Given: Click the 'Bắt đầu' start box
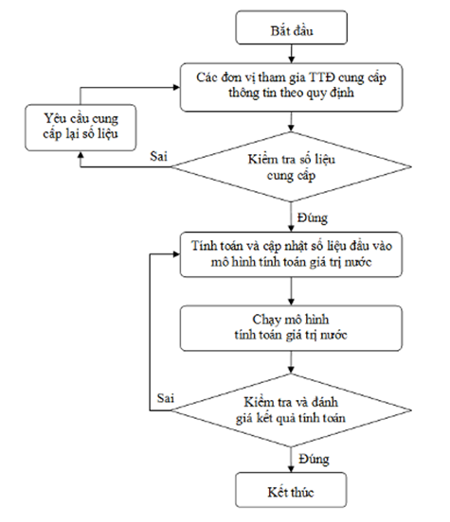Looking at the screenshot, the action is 291,27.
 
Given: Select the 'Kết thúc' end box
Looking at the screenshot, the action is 291,490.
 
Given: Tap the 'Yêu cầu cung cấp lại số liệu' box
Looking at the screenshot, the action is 81,128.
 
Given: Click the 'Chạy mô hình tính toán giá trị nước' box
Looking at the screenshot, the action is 291,328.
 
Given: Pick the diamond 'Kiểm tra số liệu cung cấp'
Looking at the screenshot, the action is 291,166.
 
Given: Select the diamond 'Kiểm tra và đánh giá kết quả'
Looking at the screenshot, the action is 291,410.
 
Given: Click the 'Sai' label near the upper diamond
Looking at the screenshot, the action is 158,156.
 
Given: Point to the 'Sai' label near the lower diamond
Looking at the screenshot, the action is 166,398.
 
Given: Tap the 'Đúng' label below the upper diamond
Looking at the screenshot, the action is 313,218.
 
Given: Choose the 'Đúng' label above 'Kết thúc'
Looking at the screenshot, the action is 314,460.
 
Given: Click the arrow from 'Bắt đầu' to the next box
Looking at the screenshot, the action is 291,54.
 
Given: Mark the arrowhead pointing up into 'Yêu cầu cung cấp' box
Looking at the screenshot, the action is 81,154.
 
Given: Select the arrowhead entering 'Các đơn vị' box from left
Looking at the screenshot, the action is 176,88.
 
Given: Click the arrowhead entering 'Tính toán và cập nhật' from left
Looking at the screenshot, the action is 176,254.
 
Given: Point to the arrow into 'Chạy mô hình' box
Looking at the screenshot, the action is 291,291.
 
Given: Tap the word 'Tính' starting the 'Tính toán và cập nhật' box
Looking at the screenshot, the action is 201,246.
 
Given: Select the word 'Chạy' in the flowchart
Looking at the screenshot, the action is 265,321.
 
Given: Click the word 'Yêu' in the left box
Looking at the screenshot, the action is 55,118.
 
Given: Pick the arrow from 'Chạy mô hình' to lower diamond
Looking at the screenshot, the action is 291,362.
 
